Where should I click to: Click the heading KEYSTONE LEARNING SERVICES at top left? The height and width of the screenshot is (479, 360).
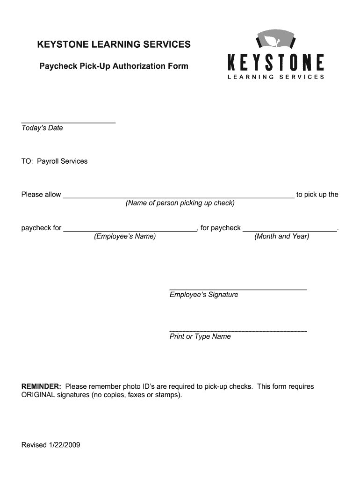tap(114, 44)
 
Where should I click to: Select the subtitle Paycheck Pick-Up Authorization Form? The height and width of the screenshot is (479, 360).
tap(114, 66)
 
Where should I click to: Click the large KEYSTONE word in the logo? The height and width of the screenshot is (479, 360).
tap(275, 63)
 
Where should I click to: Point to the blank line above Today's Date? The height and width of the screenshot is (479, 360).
tap(68, 123)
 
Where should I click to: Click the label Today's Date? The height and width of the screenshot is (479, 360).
tap(42, 128)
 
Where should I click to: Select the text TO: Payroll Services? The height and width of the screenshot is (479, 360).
tap(54, 161)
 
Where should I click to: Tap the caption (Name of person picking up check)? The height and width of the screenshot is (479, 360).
tap(180, 203)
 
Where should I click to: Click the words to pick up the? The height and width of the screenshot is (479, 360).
tap(317, 195)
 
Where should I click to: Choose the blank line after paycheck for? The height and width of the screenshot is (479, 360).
tap(130, 231)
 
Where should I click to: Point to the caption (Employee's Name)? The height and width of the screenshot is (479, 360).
tap(125, 237)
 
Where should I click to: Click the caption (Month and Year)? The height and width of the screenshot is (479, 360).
tap(281, 237)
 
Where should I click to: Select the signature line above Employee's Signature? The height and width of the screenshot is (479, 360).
tap(238, 290)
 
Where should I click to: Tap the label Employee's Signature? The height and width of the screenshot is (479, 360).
tap(204, 295)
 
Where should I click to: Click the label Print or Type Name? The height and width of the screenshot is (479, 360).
tap(200, 337)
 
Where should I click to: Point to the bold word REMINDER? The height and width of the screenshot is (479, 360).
tap(42, 387)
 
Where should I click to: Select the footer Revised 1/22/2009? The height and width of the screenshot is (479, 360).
tap(51, 445)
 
